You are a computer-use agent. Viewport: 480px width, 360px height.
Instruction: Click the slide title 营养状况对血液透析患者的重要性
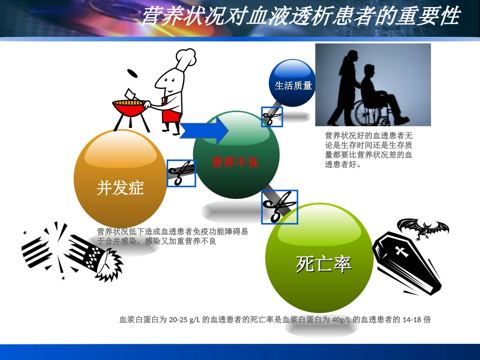pyautogui.click(x=300, y=17)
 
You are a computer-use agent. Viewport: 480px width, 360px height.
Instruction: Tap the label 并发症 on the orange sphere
pyautogui.click(x=120, y=188)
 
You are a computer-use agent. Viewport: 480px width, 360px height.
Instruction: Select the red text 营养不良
pyautogui.click(x=235, y=162)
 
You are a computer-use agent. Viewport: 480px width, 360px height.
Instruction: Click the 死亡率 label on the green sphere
pyautogui.click(x=323, y=264)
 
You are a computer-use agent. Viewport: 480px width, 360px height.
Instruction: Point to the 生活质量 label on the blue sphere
pyautogui.click(x=293, y=85)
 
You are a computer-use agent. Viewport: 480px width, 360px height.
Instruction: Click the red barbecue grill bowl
pyautogui.click(x=128, y=108)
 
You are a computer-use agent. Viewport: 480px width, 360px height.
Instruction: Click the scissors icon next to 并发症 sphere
pyautogui.click(x=181, y=173)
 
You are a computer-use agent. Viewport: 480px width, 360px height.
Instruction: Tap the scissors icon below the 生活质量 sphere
pyautogui.click(x=272, y=117)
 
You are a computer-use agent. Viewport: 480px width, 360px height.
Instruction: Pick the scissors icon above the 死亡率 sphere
pyautogui.click(x=279, y=207)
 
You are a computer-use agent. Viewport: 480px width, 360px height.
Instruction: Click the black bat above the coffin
pyautogui.click(x=423, y=229)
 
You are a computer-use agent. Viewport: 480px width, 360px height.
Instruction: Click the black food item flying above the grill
pyautogui.click(x=132, y=73)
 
